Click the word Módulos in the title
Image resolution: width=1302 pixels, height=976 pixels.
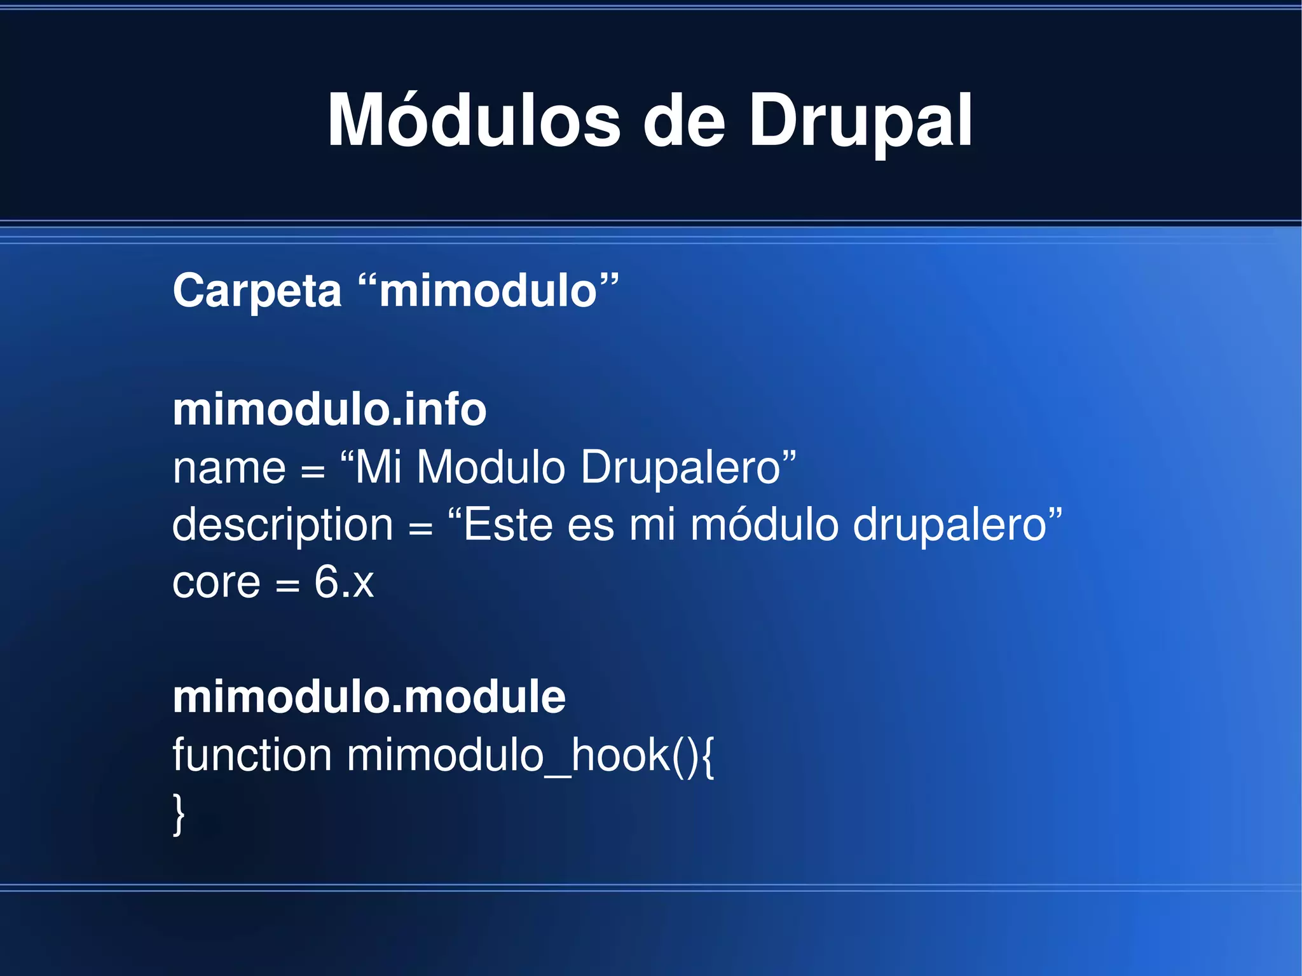[474, 120]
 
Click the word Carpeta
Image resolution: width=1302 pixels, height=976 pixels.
[257, 291]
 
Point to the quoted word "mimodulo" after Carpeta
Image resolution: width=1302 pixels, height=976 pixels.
[488, 291]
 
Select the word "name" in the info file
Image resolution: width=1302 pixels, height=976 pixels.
[229, 468]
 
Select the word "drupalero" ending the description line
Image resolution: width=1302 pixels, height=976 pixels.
[950, 526]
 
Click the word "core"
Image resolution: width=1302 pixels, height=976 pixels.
[216, 583]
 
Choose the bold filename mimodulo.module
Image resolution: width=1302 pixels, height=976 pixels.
[369, 697]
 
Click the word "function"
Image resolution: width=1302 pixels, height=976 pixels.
[252, 755]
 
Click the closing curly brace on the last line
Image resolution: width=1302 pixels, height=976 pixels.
[179, 814]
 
